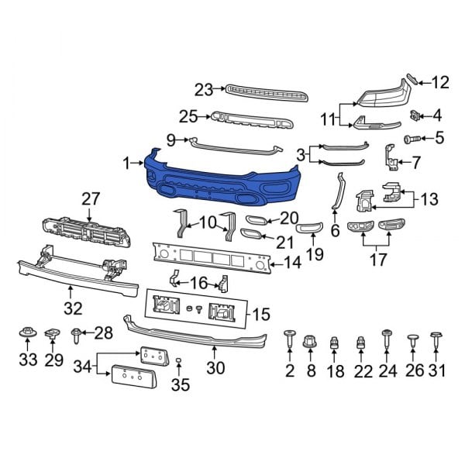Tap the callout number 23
coord(203,90)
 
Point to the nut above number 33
coord(27,335)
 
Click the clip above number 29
coord(53,334)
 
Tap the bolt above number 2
coord(289,336)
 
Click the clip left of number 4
coord(416,115)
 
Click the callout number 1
coord(126,164)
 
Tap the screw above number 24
coord(386,337)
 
